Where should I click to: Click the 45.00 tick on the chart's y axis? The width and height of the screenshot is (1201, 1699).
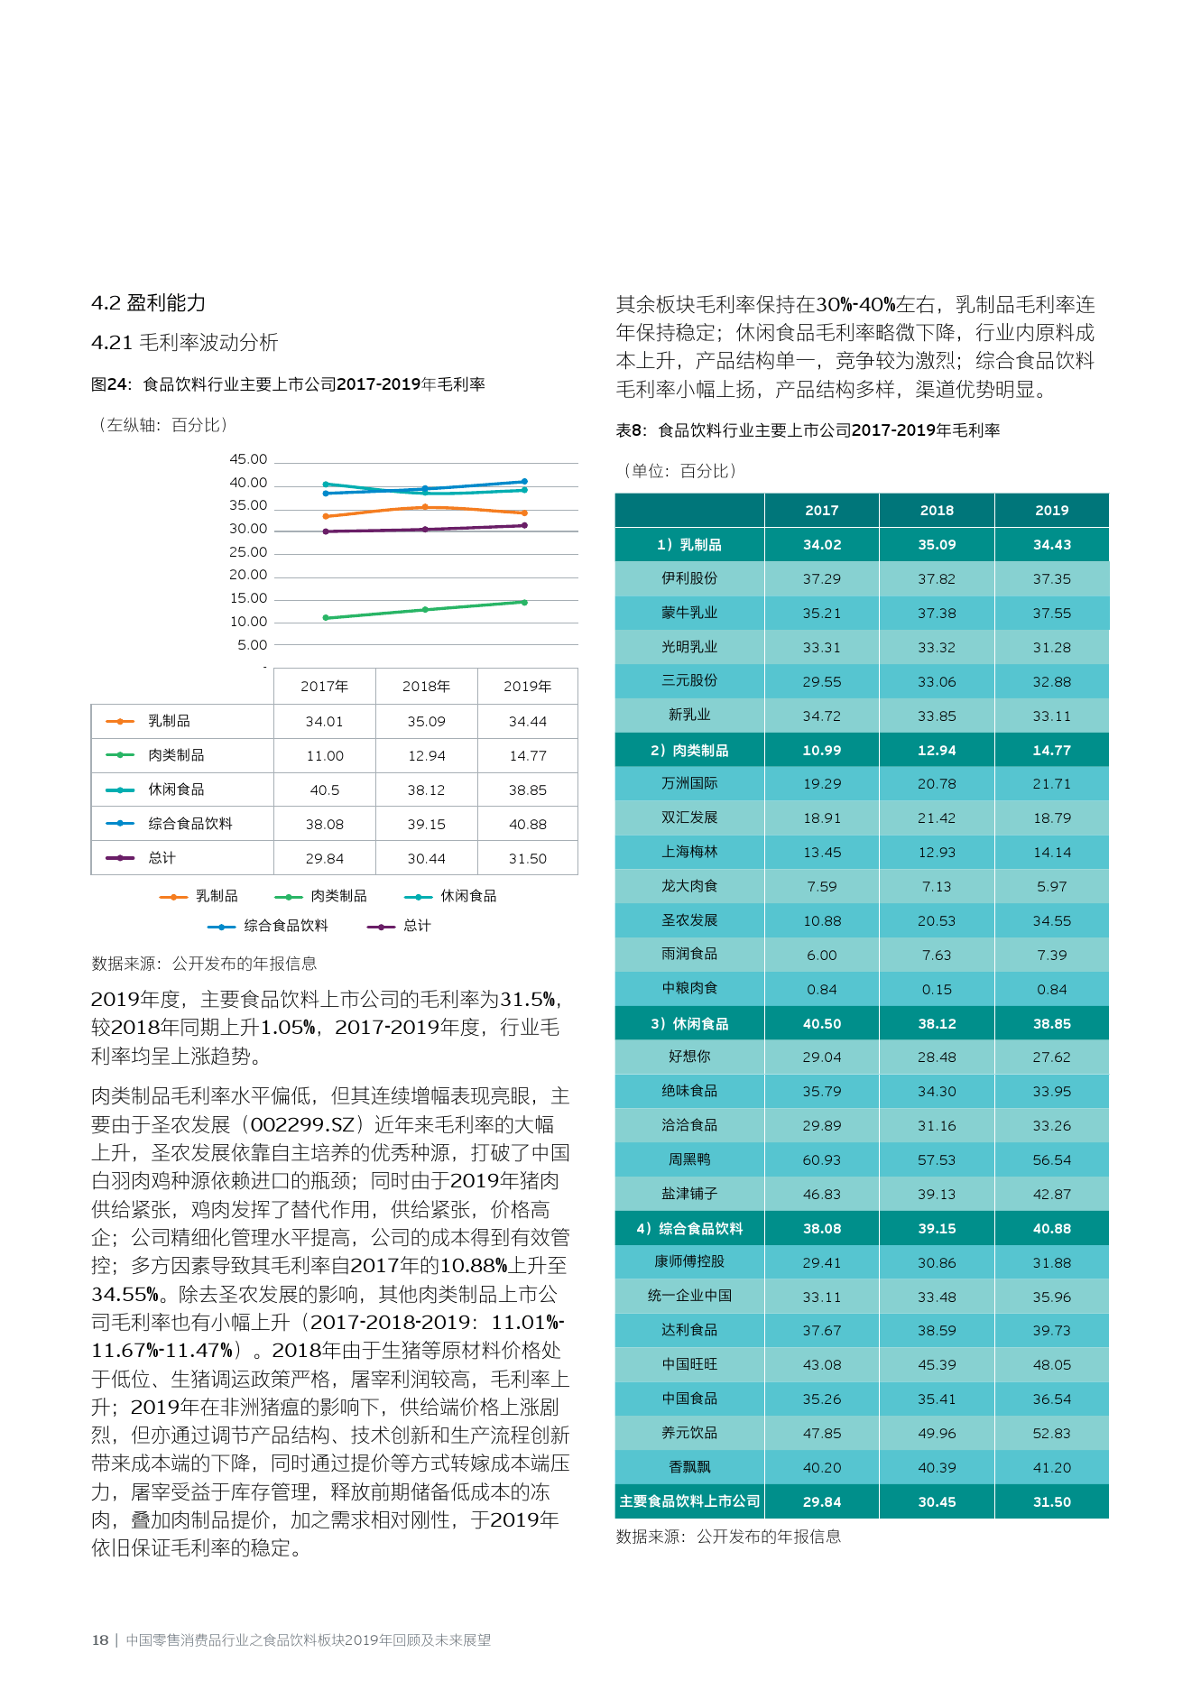click(248, 459)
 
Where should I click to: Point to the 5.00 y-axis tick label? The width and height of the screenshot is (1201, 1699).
click(253, 645)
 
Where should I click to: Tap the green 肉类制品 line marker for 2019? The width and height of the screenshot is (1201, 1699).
click(524, 602)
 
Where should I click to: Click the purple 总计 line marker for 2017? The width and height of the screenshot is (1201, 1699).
click(326, 531)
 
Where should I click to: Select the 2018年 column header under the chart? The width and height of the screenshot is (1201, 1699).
click(426, 687)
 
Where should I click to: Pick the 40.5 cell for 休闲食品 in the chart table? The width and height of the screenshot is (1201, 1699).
click(325, 790)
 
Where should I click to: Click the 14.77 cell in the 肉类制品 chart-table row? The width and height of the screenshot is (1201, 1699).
click(528, 756)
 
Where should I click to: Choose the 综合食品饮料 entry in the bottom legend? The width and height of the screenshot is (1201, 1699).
click(268, 926)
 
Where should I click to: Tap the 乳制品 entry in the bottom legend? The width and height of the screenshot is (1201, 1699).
click(199, 896)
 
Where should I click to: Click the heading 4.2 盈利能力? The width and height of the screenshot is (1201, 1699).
click(149, 303)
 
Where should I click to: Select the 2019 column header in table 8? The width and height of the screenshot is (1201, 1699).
click(1052, 511)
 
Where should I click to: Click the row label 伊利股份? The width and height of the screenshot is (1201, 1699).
click(689, 578)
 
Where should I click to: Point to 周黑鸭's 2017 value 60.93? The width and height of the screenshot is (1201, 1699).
click(822, 1160)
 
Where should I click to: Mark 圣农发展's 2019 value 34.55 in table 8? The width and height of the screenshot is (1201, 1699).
click(1052, 921)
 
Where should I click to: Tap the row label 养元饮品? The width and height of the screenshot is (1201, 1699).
click(689, 1433)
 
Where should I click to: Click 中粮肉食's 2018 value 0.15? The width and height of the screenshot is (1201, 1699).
click(937, 990)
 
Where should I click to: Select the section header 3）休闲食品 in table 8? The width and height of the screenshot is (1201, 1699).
click(689, 1023)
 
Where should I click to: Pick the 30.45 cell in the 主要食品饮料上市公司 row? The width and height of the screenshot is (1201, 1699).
click(937, 1502)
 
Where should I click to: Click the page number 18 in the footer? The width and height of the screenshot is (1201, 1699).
click(100, 1640)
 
